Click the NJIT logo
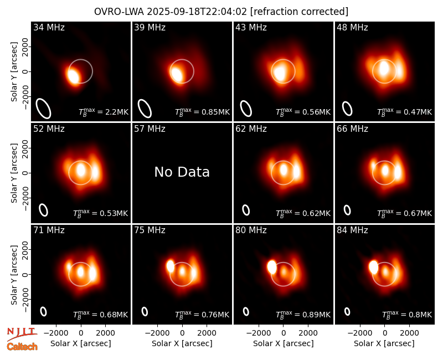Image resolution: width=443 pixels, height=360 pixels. click(x=22, y=333)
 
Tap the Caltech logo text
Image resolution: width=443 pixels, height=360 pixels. click(x=22, y=347)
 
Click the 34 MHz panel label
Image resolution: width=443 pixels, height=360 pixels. click(x=49, y=27)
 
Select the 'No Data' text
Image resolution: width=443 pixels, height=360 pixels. click(x=182, y=172)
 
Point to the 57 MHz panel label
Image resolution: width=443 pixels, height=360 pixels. click(x=150, y=129)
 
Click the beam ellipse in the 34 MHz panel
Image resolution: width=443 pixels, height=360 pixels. click(x=43, y=108)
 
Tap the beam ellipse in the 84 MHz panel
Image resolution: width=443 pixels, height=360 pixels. click(x=347, y=311)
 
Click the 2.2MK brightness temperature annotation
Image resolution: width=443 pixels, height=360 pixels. click(x=104, y=112)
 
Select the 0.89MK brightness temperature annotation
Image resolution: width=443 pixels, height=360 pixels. click(x=303, y=314)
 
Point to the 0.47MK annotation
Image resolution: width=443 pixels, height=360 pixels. click(x=405, y=112)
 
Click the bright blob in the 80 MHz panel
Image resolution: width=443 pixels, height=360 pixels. click(x=272, y=267)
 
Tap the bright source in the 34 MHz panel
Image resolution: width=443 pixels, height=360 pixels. click(x=73, y=75)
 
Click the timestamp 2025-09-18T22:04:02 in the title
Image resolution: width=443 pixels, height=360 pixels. click(x=197, y=12)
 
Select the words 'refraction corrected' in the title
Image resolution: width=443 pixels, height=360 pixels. click(x=299, y=12)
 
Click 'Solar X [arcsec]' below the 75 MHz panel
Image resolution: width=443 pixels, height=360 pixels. click(x=182, y=343)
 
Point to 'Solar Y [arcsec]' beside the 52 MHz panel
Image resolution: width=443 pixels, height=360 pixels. click(x=14, y=173)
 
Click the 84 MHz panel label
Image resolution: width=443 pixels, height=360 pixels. click(x=352, y=230)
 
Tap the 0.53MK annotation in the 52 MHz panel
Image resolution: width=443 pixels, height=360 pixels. click(x=101, y=213)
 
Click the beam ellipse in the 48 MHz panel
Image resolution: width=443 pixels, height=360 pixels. click(x=347, y=109)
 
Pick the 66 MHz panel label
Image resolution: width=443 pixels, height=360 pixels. click(x=352, y=129)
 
